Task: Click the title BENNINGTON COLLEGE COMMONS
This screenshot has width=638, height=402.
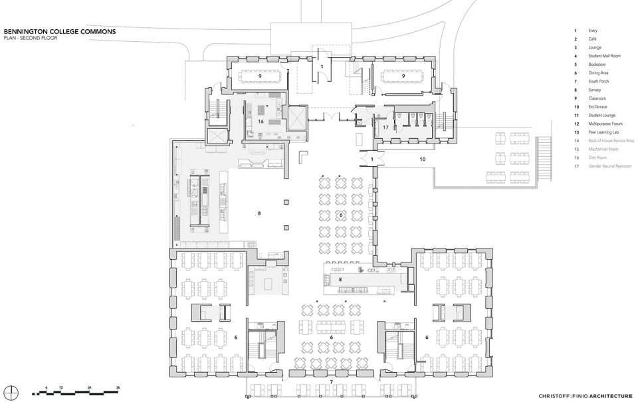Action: (x=60, y=31)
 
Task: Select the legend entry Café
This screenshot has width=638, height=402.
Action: (x=593, y=39)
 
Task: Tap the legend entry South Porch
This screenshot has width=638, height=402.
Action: (x=598, y=82)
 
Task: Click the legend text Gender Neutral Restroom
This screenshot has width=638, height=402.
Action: (x=609, y=166)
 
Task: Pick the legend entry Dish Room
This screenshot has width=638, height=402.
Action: (x=597, y=157)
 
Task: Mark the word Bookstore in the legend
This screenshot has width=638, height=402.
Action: (x=597, y=64)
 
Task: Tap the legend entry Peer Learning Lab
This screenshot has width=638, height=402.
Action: (x=603, y=132)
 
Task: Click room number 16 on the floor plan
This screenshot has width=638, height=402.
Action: (x=261, y=122)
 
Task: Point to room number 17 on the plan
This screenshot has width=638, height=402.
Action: (x=385, y=126)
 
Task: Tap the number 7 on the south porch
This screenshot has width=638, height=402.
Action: (x=332, y=383)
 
